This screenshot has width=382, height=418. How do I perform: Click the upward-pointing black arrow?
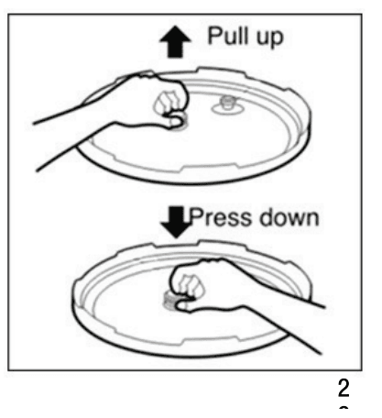pyautogui.click(x=175, y=41)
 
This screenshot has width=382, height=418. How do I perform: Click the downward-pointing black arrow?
pyautogui.click(x=176, y=222)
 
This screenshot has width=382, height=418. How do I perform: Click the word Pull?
pyautogui.click(x=226, y=36)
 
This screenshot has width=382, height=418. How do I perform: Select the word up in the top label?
pyautogui.click(x=269, y=38)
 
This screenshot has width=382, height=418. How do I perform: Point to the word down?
pyautogui.click(x=289, y=217)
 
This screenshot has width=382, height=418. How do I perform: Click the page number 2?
pyautogui.click(x=344, y=388)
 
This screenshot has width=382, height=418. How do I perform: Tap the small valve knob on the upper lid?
pyautogui.click(x=227, y=103)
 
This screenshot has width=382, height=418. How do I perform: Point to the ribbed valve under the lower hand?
pyautogui.click(x=170, y=300)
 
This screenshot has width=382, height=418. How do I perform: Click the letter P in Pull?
pyautogui.click(x=214, y=36)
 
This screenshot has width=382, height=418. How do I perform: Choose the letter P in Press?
pyautogui.click(x=196, y=217)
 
